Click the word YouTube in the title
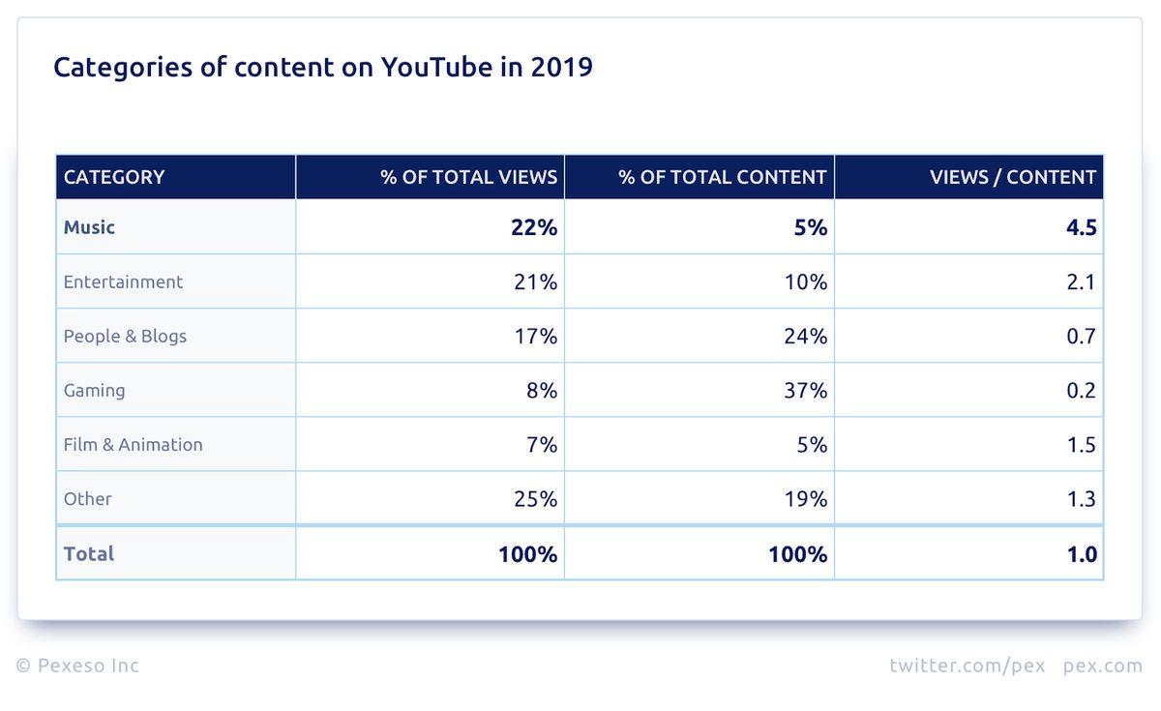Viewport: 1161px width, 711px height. click(x=428, y=68)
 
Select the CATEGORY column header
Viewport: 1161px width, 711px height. click(x=114, y=177)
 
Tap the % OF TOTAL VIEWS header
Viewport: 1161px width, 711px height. click(x=469, y=177)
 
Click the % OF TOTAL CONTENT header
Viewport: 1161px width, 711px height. click(x=723, y=177)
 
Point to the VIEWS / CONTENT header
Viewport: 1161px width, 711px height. click(x=1013, y=177)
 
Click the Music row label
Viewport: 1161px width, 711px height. click(x=89, y=227)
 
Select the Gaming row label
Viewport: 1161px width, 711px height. click(x=94, y=391)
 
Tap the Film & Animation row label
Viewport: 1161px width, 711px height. click(x=133, y=445)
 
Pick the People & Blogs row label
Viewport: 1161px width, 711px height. click(x=125, y=337)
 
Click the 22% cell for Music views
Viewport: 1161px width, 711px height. click(x=534, y=227)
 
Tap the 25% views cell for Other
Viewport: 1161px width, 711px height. click(x=535, y=499)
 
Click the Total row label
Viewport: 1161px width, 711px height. click(x=89, y=554)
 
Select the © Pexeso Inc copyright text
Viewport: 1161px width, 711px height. click(x=77, y=666)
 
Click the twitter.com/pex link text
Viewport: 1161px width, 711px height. click(x=967, y=666)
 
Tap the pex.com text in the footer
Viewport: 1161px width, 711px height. click(x=1103, y=666)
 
